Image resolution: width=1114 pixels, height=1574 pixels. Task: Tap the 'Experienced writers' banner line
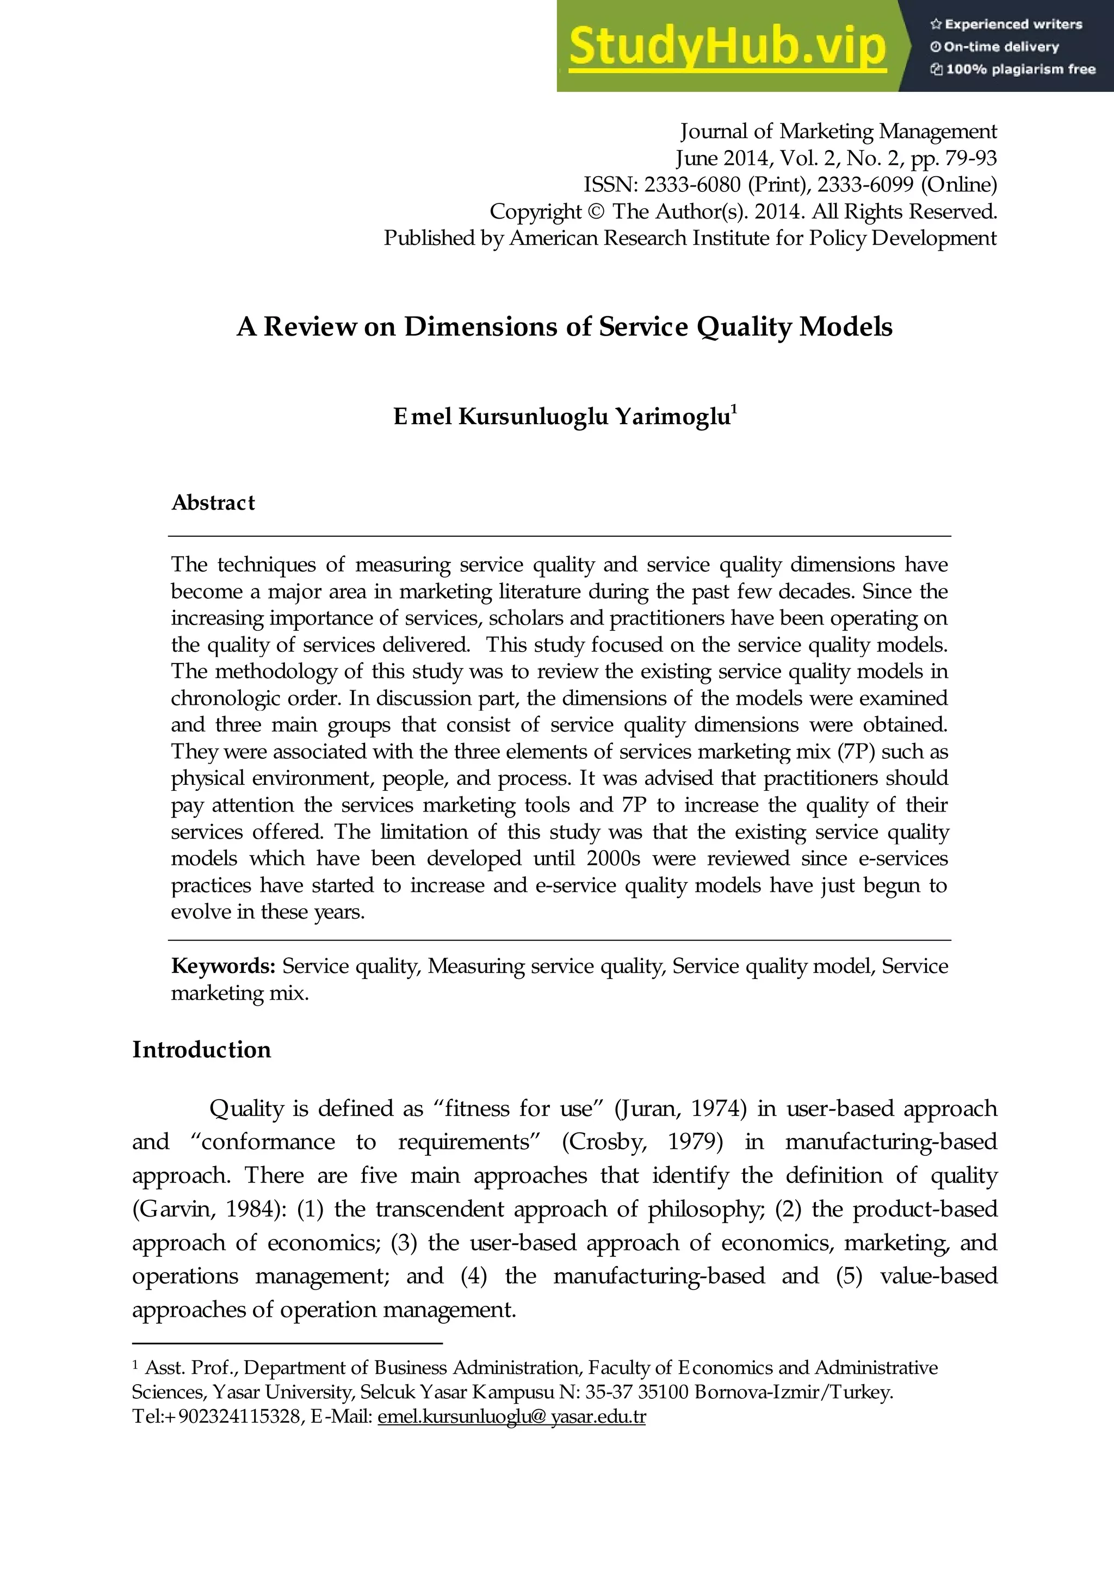tap(1006, 24)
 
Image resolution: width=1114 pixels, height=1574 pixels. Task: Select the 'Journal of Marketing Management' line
tap(838, 131)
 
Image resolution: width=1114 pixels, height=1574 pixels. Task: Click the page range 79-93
tap(970, 158)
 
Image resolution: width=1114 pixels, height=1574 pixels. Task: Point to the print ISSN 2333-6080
tap(692, 184)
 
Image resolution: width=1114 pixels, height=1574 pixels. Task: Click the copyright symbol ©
tap(596, 211)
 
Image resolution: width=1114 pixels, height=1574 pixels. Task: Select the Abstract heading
tap(213, 503)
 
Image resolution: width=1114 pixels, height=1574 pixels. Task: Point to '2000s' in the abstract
tap(613, 859)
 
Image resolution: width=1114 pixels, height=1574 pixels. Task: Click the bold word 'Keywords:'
tap(223, 966)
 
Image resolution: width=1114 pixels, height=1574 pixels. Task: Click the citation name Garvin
tap(174, 1209)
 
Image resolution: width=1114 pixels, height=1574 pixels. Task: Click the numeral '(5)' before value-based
tap(849, 1276)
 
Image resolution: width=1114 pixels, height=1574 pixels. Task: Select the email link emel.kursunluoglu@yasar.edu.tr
tap(511, 1416)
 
